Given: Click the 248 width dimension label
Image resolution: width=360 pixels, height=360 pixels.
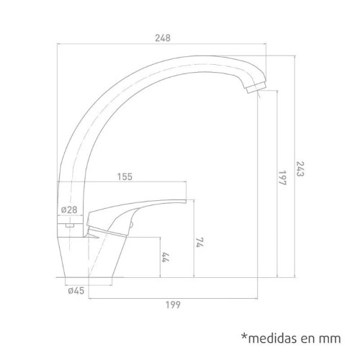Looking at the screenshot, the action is (x=163, y=38).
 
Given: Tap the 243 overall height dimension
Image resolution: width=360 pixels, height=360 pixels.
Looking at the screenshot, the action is (x=300, y=168).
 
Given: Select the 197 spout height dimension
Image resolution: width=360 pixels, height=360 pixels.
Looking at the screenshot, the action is (x=282, y=179).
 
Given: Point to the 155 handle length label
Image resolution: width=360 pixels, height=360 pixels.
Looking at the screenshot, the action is (x=125, y=176).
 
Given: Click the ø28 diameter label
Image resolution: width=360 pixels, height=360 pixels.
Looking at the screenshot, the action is (x=69, y=210).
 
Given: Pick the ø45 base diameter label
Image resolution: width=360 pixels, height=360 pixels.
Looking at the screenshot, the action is (x=76, y=291).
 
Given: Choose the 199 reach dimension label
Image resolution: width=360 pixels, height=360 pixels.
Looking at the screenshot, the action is (x=173, y=305).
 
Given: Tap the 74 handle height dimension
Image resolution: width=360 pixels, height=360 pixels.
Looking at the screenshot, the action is (x=199, y=243).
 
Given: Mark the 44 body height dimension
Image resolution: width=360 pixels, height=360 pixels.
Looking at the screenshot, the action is (x=166, y=257).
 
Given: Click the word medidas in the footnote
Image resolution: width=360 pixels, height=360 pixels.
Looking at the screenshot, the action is (x=273, y=338).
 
